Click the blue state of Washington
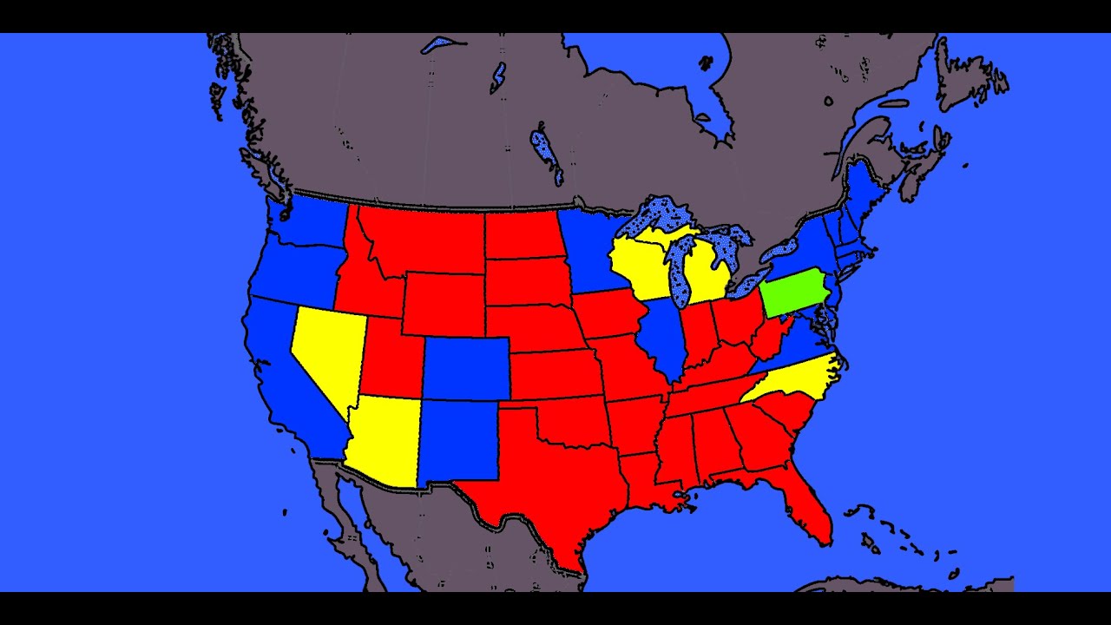[x=312, y=220]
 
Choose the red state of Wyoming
[x=443, y=304]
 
